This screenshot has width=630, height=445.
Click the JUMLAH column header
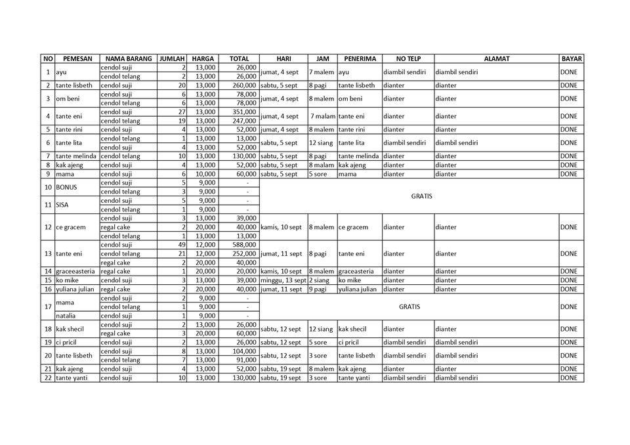(172, 58)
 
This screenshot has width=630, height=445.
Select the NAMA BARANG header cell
(128, 58)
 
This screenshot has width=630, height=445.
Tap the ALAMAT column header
(496, 58)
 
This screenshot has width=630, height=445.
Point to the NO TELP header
(408, 58)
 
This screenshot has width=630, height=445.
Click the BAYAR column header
(572, 58)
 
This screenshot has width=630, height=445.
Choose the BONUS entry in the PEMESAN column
(67, 187)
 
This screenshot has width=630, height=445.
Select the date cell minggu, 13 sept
(283, 280)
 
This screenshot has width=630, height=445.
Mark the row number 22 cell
(48, 377)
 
